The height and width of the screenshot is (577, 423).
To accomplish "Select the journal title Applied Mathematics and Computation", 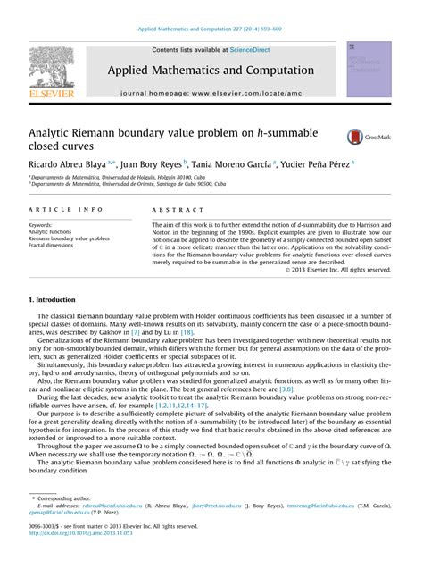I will [211, 71].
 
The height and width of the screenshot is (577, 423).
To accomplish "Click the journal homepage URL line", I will [211, 92].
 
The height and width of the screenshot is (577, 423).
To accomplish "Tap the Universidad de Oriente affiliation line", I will [131, 184].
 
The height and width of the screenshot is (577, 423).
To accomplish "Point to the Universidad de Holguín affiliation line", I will [124, 177].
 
